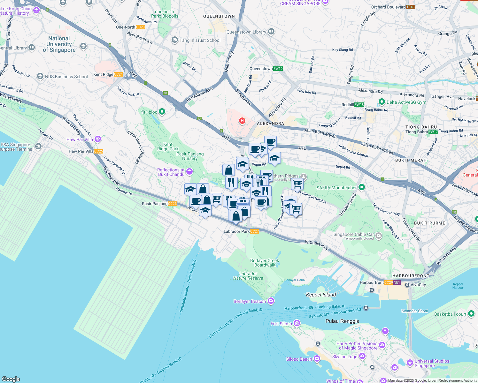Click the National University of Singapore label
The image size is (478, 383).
59,44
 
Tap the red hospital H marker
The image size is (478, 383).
242,121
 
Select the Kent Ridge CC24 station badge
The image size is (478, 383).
118,74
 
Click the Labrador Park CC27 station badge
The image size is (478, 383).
255,231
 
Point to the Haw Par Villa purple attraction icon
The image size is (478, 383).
98,139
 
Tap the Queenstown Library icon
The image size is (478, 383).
271,32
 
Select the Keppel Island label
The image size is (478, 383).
321,295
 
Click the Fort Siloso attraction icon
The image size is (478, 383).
297,324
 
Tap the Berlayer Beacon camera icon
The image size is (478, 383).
271,301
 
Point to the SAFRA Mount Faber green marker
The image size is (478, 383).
361,187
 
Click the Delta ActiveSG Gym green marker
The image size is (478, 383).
382,102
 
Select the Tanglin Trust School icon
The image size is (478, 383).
174,40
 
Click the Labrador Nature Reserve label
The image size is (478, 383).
248,276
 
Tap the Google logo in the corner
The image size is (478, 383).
11,379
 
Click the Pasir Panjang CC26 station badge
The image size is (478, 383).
172,204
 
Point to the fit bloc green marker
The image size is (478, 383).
162,112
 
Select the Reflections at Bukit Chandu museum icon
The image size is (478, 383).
189,172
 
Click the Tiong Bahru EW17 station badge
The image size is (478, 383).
433,132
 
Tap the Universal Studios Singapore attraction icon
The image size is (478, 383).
410,363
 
